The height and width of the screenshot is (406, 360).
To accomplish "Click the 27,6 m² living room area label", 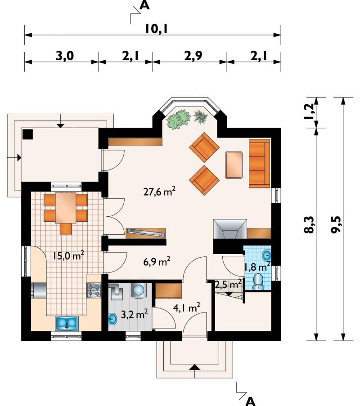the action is coord(159,192).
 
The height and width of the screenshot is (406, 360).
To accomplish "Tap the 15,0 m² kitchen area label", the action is coord(68,255).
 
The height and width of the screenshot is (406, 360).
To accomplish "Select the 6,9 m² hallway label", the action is coord(157,262).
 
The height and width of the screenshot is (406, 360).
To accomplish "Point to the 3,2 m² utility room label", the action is coord(135,314).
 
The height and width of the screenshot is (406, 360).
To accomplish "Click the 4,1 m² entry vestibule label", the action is coord(187,308).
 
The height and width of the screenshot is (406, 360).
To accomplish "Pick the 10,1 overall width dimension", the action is coord(156,28).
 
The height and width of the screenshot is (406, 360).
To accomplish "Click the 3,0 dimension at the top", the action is coord(65,56).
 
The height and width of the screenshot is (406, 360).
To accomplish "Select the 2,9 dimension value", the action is coord(193,56).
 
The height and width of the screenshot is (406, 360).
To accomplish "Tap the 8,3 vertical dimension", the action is coord(309,225).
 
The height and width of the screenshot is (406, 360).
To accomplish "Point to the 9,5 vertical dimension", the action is coord(337,225).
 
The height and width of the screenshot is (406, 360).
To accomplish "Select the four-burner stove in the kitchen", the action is coord(94,290).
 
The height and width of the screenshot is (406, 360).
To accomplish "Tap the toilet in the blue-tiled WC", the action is coord(258,282).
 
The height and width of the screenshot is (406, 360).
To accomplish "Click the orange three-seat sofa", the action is coord(260,163).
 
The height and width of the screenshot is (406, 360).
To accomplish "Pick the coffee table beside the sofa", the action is coord(234,165).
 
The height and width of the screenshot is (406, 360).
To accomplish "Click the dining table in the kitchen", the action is coord(66,208).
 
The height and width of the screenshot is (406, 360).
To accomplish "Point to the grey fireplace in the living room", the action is coord(230,229).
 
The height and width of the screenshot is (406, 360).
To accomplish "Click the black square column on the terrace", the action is coord(27,134).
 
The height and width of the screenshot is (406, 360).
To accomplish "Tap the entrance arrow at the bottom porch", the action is coord(195,367).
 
